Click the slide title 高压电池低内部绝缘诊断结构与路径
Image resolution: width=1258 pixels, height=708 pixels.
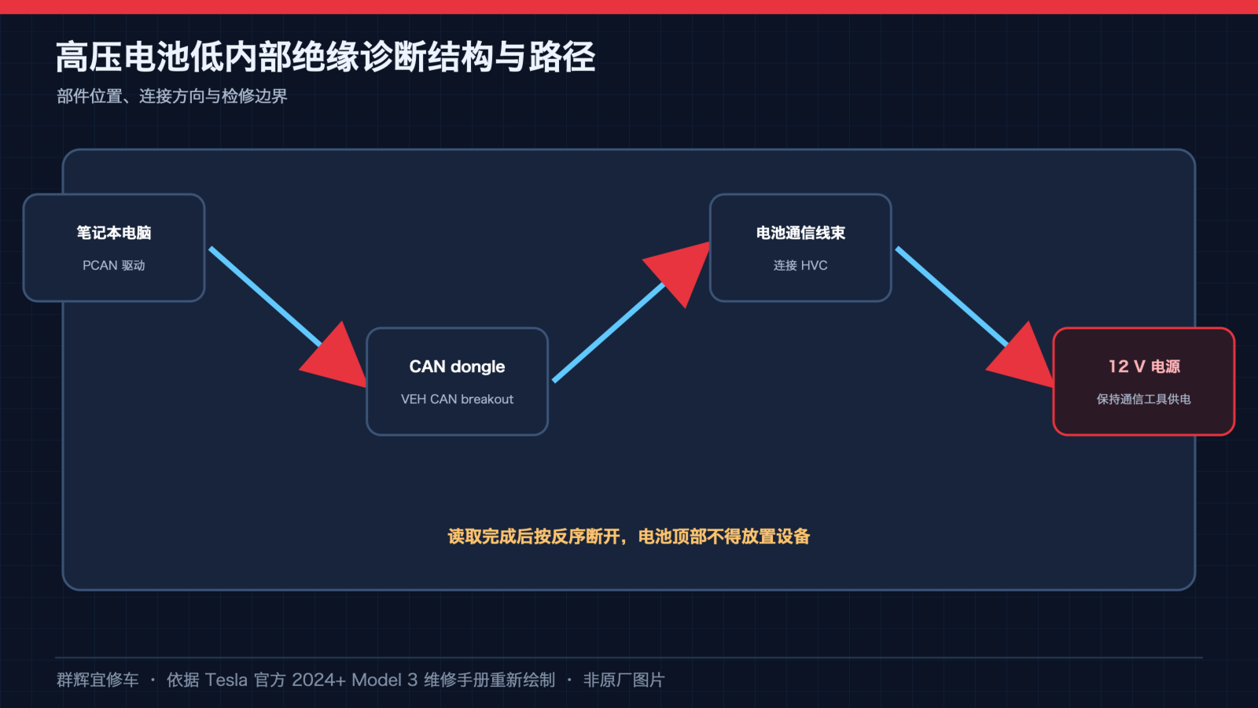point(326,57)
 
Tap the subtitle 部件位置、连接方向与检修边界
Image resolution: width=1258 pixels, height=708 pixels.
point(172,96)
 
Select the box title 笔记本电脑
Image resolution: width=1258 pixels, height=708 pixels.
point(114,233)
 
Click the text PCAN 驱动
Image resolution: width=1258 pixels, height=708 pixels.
point(114,265)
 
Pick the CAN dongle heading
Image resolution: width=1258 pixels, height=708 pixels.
point(457,367)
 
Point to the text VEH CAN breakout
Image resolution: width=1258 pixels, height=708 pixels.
point(457,399)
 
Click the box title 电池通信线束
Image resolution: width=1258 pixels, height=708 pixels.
point(800,233)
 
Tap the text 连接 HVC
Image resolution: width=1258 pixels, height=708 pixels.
point(800,265)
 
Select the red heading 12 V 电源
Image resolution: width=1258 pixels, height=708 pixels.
point(1144,367)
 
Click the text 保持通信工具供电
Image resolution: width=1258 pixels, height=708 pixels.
point(1144,399)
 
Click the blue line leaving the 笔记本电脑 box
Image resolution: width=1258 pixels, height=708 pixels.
point(265,296)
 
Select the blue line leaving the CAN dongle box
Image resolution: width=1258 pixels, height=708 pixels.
point(609,332)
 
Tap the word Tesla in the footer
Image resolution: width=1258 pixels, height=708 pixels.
point(226,680)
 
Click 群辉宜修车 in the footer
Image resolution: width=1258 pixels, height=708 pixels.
point(97,680)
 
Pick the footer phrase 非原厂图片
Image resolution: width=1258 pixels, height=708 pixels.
point(624,680)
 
